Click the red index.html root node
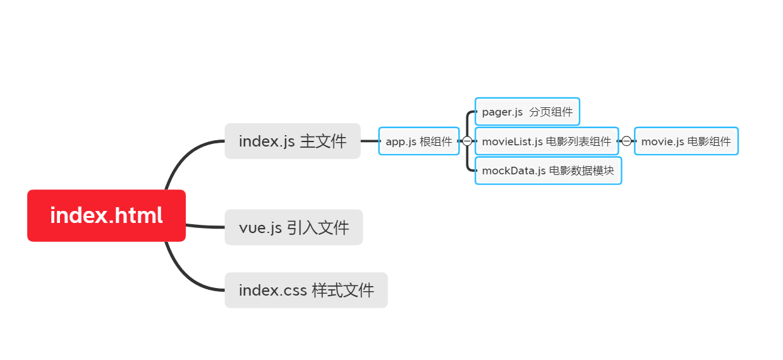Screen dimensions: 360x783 pyautogui.click(x=106, y=215)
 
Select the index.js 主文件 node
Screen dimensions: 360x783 pyautogui.click(x=293, y=141)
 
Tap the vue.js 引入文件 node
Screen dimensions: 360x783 pyautogui.click(x=294, y=227)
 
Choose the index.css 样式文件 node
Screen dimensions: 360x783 pyautogui.click(x=306, y=291)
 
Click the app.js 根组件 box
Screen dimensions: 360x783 pyautogui.click(x=419, y=141)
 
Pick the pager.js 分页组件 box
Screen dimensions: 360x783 pyautogui.click(x=527, y=112)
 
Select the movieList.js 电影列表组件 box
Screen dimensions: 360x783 pyautogui.click(x=546, y=141)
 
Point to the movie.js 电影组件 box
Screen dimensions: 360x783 pyautogui.click(x=686, y=141)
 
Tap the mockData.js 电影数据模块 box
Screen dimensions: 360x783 pyautogui.click(x=548, y=171)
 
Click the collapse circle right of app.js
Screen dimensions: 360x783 pyautogui.click(x=467, y=141)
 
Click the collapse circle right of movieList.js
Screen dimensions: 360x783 pyautogui.click(x=626, y=141)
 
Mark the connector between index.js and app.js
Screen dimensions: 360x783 pyautogui.click(x=370, y=141)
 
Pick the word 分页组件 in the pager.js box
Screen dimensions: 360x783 pyautogui.click(x=551, y=112)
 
